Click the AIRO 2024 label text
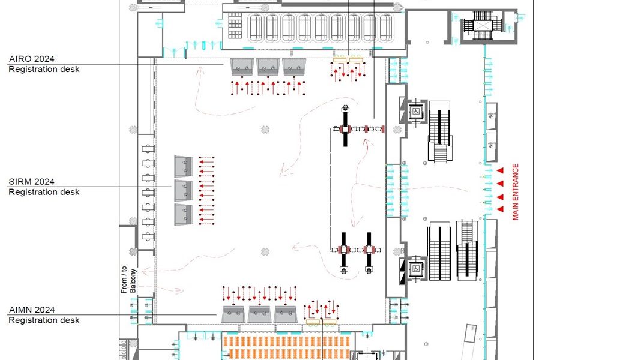32,59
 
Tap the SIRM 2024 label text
32,182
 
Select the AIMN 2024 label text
32,310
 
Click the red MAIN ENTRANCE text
516,192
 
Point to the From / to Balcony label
128,280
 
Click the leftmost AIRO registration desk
242,67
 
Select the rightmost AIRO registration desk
294,67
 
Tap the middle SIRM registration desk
184,191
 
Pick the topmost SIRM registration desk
184,167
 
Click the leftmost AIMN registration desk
233,314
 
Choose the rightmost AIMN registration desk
285,314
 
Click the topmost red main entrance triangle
500,171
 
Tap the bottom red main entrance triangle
500,209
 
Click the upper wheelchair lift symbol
416,112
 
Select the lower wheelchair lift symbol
415,269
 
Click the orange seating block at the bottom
287,346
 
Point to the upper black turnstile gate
345,127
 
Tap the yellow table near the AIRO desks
348,59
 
